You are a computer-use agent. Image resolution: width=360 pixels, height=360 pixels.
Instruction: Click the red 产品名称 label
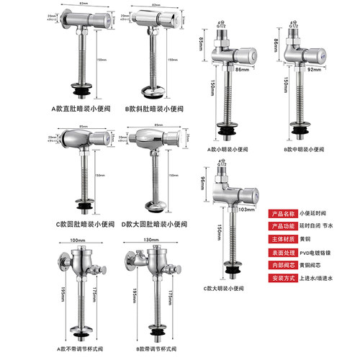coord(283,214)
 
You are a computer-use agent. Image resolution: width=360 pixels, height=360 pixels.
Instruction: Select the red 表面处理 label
coord(283,253)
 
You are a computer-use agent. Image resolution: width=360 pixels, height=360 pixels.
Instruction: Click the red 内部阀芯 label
coord(283,266)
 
